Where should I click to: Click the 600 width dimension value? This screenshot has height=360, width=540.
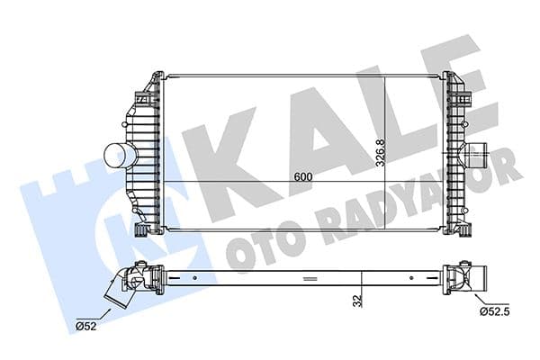tap(302, 177)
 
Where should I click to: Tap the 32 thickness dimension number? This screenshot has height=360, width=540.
tap(357, 301)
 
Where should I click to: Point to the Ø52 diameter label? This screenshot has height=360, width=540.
tap(86, 325)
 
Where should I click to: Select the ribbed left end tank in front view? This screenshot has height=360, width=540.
tap(144, 153)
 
